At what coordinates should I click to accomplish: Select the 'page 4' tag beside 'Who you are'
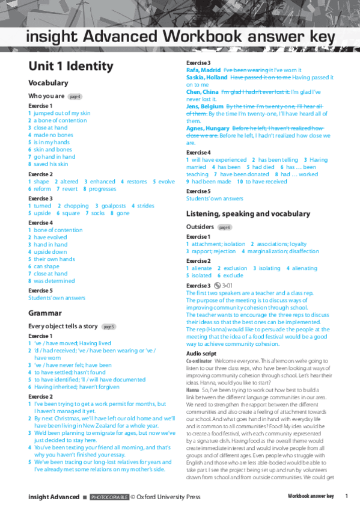pos(75,96)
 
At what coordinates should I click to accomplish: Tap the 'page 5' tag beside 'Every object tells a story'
pos(109,327)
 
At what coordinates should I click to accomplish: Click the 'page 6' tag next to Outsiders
pos(224,227)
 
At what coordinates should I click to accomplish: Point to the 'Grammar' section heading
pos(45,313)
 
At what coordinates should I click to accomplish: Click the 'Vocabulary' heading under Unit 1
pos(48,83)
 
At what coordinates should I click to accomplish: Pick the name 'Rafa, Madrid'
pos(203,70)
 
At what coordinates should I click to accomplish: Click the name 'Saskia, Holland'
pos(206,77)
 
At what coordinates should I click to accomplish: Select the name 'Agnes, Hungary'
pos(207,129)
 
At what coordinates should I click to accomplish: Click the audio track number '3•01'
pos(228,286)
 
